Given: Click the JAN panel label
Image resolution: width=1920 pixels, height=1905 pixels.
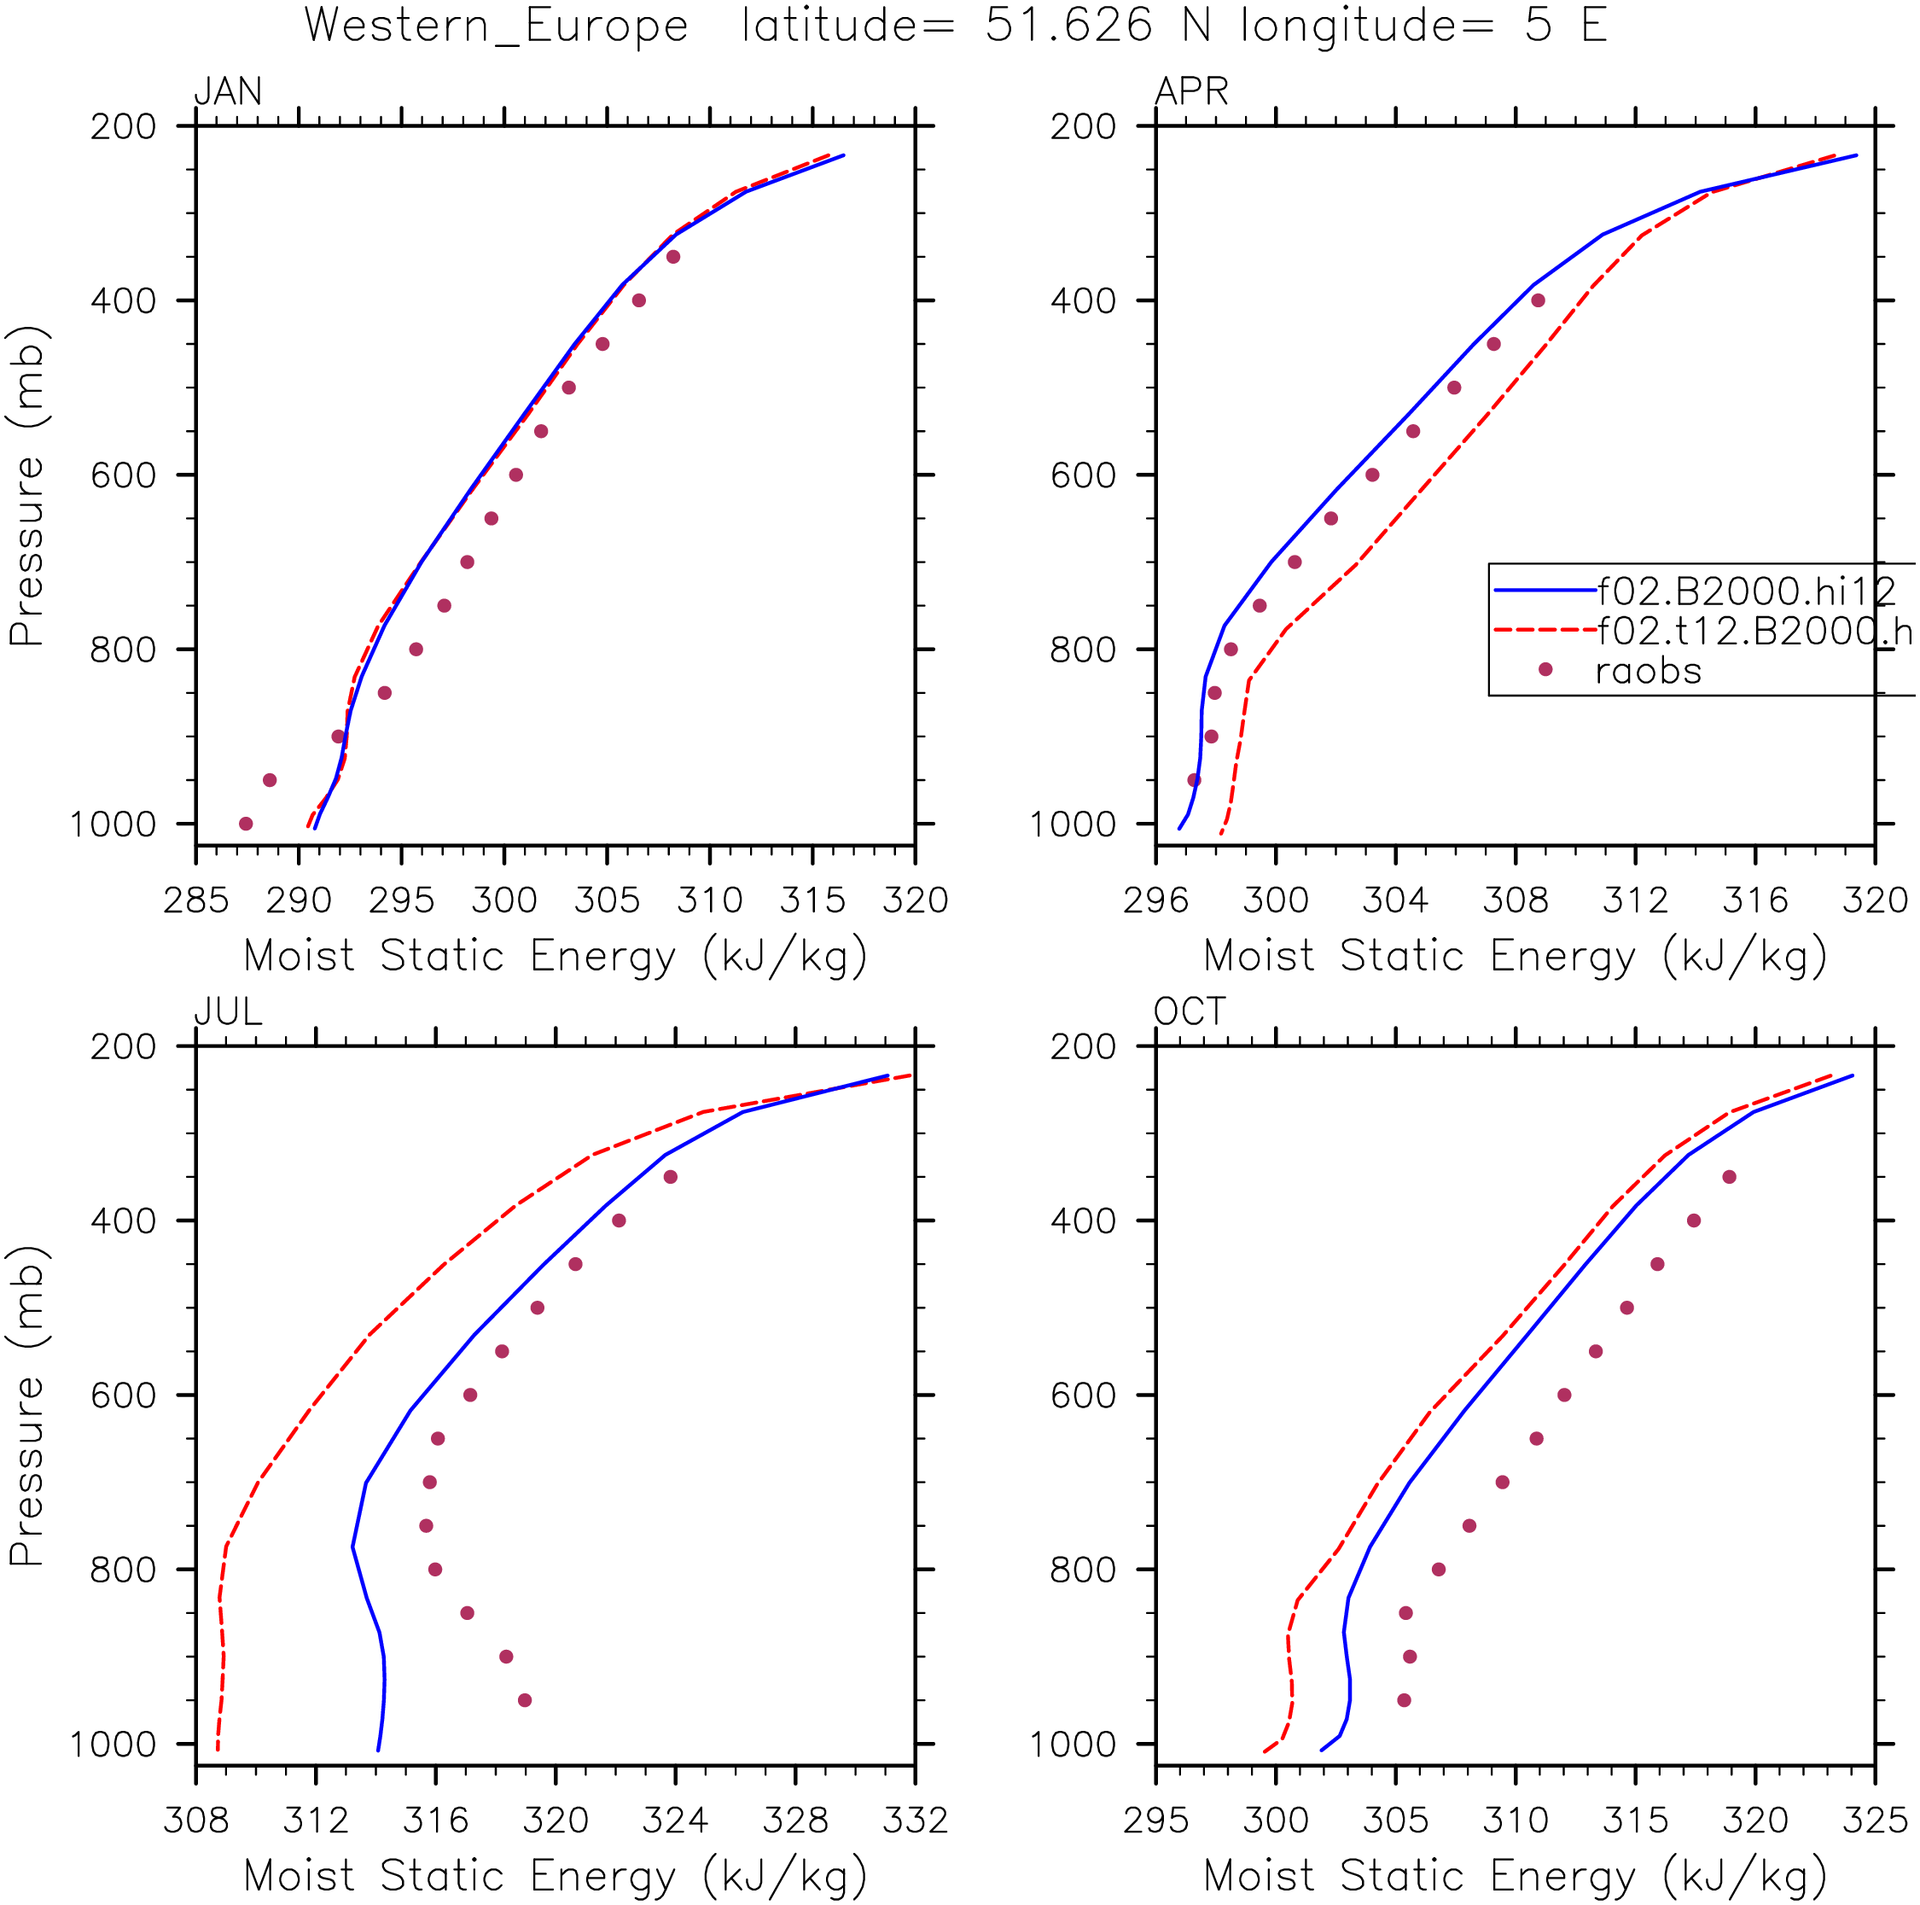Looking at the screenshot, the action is click(x=228, y=91).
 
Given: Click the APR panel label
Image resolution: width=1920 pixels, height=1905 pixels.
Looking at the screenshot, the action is click(x=1190, y=91).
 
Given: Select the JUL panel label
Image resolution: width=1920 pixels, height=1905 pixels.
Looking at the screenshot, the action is click(x=228, y=1011).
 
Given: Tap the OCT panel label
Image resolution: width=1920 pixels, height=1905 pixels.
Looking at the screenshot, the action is click(x=1190, y=1011).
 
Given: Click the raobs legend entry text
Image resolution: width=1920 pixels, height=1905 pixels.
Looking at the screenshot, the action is click(x=1649, y=672).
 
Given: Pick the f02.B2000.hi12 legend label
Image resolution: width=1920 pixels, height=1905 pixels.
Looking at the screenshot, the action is click(x=1746, y=591).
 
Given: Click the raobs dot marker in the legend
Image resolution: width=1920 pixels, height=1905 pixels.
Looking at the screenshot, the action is click(x=1545, y=670).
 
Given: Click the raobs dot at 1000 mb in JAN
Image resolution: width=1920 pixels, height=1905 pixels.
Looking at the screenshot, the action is click(x=246, y=824).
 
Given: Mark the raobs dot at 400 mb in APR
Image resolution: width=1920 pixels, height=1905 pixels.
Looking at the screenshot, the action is click(x=1538, y=300).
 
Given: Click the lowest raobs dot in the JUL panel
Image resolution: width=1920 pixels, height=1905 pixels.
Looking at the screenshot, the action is click(x=525, y=1700).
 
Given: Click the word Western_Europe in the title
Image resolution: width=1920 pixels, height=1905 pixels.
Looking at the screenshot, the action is click(x=496, y=26).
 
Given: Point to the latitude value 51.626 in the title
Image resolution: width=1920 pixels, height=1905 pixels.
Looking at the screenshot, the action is click(x=1069, y=25).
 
